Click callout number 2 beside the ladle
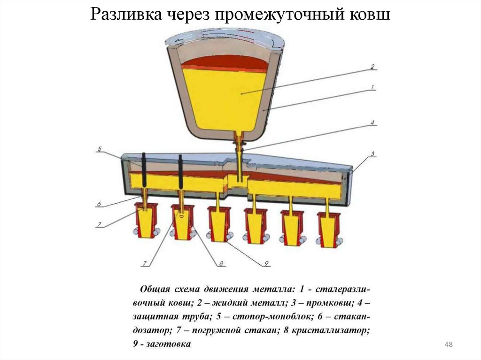(x=372, y=67)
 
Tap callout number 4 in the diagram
(x=372, y=123)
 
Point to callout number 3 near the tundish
(x=372, y=154)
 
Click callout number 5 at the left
(x=100, y=149)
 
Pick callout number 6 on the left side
(x=100, y=204)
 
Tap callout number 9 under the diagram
(x=265, y=264)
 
